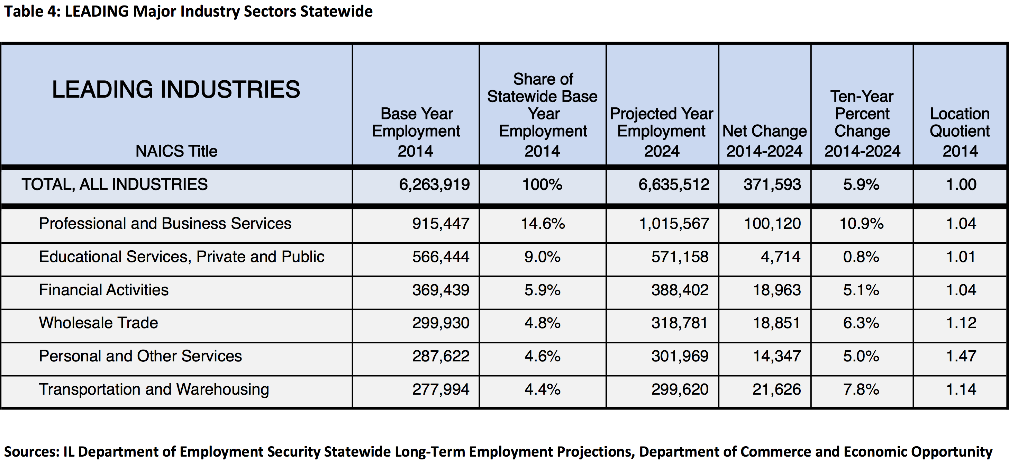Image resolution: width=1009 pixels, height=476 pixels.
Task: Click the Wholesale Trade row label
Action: point(98,323)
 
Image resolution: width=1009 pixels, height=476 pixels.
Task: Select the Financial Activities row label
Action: point(104,290)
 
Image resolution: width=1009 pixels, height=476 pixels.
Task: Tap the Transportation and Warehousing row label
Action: point(154,389)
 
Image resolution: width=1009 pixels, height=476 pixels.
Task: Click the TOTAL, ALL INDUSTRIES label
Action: point(115,185)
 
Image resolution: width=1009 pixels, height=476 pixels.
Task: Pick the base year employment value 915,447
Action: point(440,224)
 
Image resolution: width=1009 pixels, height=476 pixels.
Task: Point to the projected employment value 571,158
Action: point(680,257)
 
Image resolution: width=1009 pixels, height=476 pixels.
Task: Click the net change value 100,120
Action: point(772,224)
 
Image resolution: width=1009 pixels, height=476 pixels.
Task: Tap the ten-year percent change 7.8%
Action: point(861,389)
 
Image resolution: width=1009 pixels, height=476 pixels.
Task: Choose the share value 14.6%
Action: point(543,224)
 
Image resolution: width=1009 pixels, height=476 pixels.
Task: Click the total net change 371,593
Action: point(772,185)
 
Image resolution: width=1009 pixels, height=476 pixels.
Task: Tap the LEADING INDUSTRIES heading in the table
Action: point(176,89)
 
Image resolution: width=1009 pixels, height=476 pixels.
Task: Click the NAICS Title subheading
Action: point(176,151)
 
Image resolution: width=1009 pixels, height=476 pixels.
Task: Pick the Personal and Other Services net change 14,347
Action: point(777,356)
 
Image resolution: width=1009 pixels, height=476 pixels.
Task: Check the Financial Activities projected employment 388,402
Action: point(680,290)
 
